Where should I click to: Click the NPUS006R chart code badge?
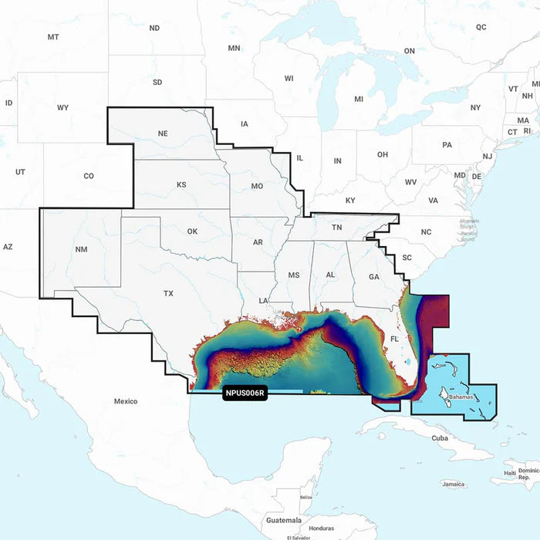click(x=245, y=393)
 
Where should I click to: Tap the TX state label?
click(x=168, y=294)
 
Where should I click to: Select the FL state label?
click(x=394, y=339)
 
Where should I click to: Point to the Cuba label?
click(x=440, y=437)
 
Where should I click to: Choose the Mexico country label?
click(x=126, y=401)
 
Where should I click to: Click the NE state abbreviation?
click(x=163, y=133)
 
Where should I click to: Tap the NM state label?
click(x=82, y=250)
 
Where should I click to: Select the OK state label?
click(x=192, y=231)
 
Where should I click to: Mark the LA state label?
click(x=263, y=300)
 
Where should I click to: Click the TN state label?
click(x=337, y=228)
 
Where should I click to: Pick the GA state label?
click(x=373, y=276)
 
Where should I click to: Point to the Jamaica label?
click(x=454, y=484)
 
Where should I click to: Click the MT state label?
click(x=53, y=37)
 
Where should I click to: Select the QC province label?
click(x=481, y=27)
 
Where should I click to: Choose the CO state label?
click(x=89, y=176)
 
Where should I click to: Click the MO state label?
click(x=258, y=187)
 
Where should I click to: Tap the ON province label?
click(x=410, y=51)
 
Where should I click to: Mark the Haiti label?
click(x=509, y=473)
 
